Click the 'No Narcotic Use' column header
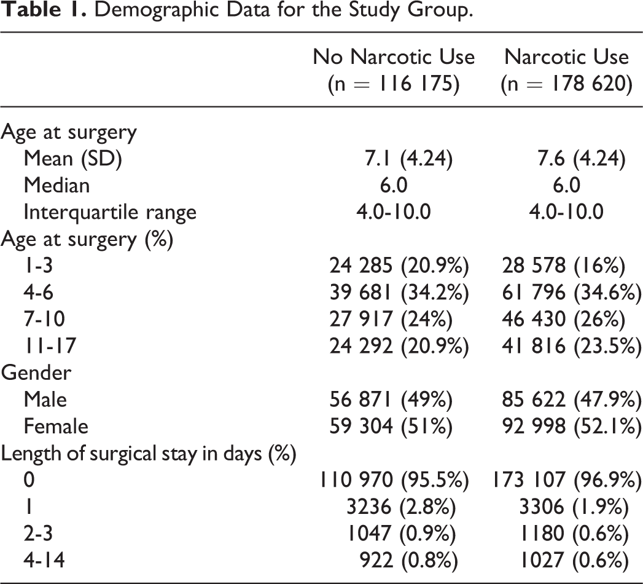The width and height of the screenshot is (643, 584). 394,57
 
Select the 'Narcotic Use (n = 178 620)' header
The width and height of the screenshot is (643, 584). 566,70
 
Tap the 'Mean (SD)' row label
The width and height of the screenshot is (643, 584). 73,159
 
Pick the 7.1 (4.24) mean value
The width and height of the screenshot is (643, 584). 409,159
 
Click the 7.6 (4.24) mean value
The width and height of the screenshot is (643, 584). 582,159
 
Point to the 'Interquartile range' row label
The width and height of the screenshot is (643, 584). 110,213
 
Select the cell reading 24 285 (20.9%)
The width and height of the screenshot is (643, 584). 399,266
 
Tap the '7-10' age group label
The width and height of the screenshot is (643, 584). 44,319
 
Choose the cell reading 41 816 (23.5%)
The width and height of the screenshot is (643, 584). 572,346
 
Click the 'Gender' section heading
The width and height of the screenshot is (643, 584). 36,373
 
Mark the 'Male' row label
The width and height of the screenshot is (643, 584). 45,400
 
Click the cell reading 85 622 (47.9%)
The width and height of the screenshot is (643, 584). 572,400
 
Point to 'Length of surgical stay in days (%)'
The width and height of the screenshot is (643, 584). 149,454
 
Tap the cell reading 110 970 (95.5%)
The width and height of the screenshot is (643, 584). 394,480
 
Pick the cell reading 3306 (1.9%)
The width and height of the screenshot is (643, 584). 574,507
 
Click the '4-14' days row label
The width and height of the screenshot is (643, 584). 44,560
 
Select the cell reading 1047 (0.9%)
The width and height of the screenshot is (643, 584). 401,534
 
